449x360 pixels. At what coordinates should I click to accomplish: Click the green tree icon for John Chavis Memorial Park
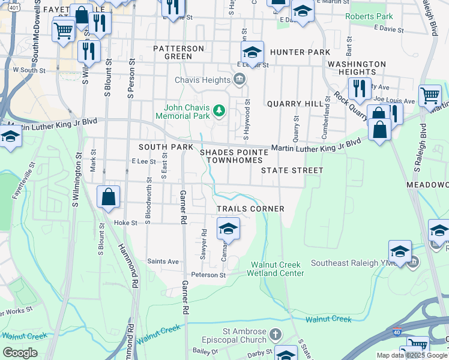pos(220,110)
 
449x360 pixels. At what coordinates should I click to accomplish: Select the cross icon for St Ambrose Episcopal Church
pos(275,333)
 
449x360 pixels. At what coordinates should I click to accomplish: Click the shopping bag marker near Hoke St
pos(108,197)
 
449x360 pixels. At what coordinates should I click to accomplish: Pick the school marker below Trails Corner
pos(228,229)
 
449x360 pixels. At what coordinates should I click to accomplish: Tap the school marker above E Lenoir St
pos(253,52)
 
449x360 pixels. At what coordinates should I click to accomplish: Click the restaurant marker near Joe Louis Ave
pos(360,88)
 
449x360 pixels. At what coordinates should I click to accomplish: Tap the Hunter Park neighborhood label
pos(300,52)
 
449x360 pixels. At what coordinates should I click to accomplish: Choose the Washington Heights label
pos(357,68)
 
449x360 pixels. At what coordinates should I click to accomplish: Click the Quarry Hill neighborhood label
pos(295,104)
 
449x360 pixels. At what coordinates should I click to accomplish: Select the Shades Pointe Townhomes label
pos(235,157)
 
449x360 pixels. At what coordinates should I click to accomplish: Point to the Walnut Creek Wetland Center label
pos(277,269)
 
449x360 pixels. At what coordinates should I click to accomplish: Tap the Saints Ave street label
pos(164,262)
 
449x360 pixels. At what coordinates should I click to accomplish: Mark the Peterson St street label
pos(208,275)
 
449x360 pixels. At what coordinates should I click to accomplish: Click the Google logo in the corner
pos(20,352)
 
